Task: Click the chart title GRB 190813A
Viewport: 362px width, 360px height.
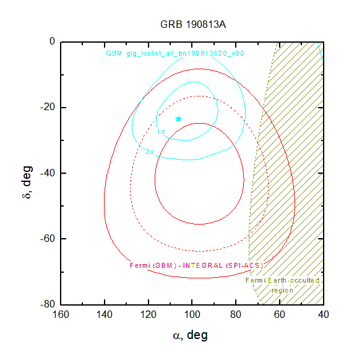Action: (x=193, y=25)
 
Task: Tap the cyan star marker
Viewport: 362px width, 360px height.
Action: (x=178, y=119)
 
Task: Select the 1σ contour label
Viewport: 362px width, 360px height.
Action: (x=161, y=132)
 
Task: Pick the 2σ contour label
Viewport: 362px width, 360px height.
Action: (x=150, y=152)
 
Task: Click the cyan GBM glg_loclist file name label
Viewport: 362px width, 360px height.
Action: (x=175, y=54)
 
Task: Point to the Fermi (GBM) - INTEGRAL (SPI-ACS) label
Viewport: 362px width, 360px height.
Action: (x=196, y=265)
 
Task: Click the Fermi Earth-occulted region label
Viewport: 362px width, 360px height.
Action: (x=282, y=285)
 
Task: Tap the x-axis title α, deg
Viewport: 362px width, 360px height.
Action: (x=190, y=335)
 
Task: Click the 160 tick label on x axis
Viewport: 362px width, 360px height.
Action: (x=61, y=315)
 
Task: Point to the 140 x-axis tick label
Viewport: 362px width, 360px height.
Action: (x=105, y=315)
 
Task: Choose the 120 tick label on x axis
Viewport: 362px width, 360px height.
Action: (x=149, y=315)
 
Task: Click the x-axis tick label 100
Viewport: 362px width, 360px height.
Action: (x=192, y=315)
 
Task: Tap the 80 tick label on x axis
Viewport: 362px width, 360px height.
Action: (x=236, y=315)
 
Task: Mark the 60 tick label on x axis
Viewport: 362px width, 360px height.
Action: (x=280, y=315)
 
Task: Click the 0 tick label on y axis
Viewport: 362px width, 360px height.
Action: (x=53, y=41)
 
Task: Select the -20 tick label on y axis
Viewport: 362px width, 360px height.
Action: (x=48, y=107)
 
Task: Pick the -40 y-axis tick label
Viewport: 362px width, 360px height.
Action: (x=48, y=173)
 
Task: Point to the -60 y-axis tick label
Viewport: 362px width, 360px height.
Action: (x=48, y=238)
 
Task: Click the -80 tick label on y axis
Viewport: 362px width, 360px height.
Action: (x=48, y=304)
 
